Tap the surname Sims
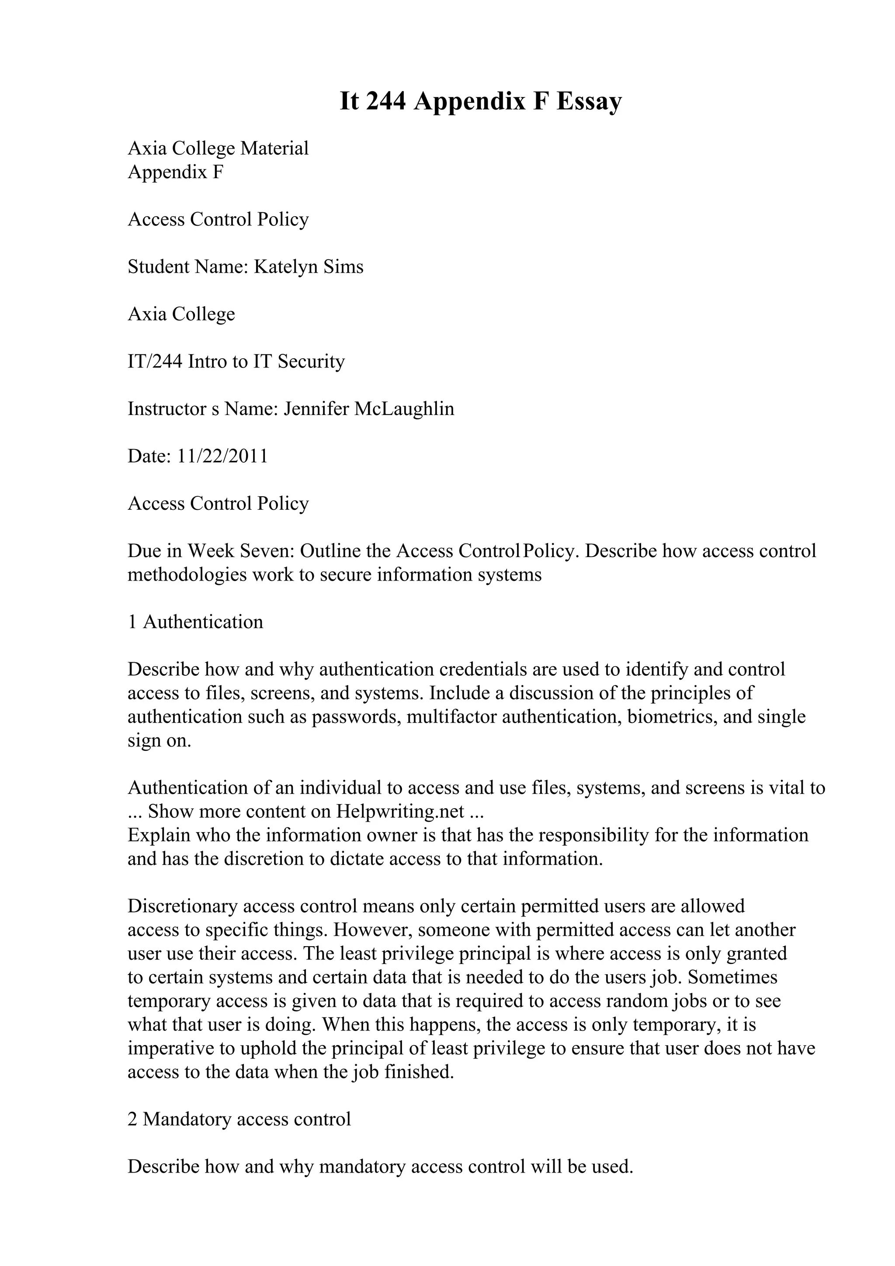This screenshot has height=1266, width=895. (x=343, y=267)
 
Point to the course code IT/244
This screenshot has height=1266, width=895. (x=155, y=362)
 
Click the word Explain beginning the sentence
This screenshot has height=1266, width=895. (x=156, y=835)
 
